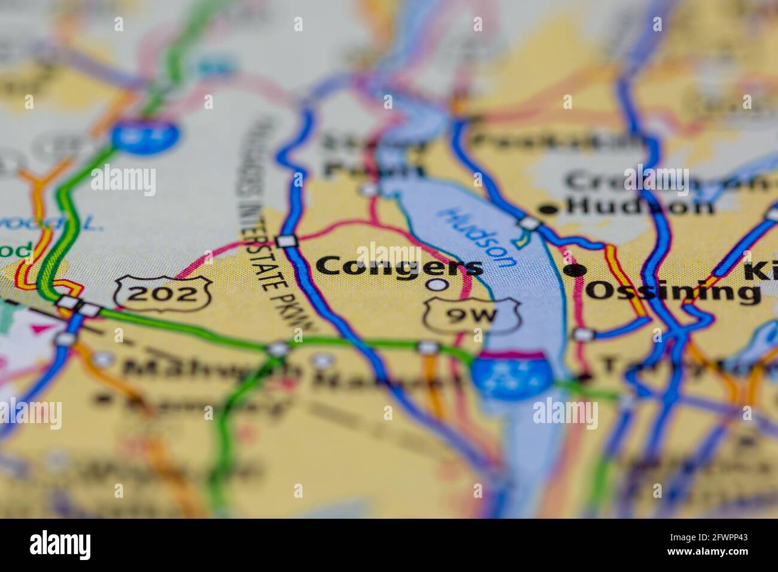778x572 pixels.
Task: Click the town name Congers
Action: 399,267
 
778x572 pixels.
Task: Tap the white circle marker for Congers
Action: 438,285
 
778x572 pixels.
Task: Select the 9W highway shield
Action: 470,316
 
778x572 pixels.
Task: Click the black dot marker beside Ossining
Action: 576,270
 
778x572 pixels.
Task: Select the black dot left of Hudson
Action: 546,209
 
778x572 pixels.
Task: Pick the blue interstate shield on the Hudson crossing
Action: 510,376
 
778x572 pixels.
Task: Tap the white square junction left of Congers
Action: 287,241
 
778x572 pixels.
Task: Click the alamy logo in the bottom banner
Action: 60,545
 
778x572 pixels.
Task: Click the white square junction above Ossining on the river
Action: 528,224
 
